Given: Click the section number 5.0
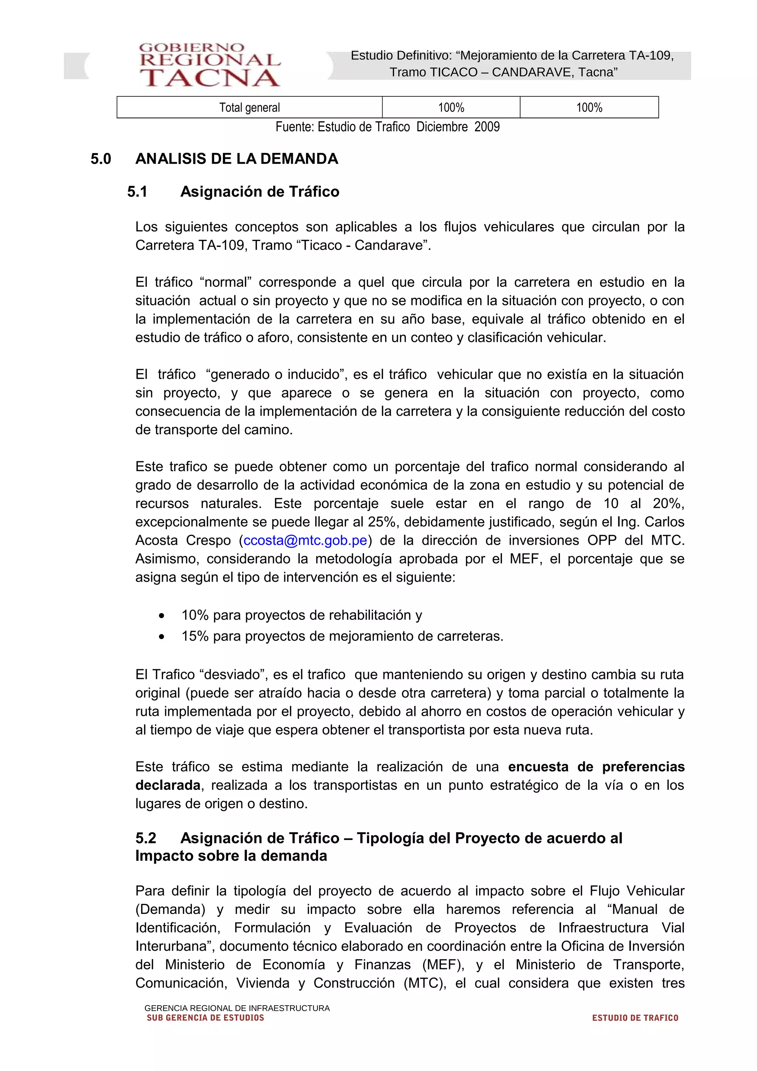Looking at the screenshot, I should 101,159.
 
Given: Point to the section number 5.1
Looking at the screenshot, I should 137,192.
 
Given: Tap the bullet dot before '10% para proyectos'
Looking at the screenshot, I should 162,616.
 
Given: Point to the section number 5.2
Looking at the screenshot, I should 146,838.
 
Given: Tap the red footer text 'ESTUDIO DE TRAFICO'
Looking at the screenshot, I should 635,1018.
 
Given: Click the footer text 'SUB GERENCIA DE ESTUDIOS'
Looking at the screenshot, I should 205,1018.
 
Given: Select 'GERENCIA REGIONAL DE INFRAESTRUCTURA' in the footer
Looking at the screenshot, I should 237,1008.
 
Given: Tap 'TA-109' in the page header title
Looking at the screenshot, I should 650,55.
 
